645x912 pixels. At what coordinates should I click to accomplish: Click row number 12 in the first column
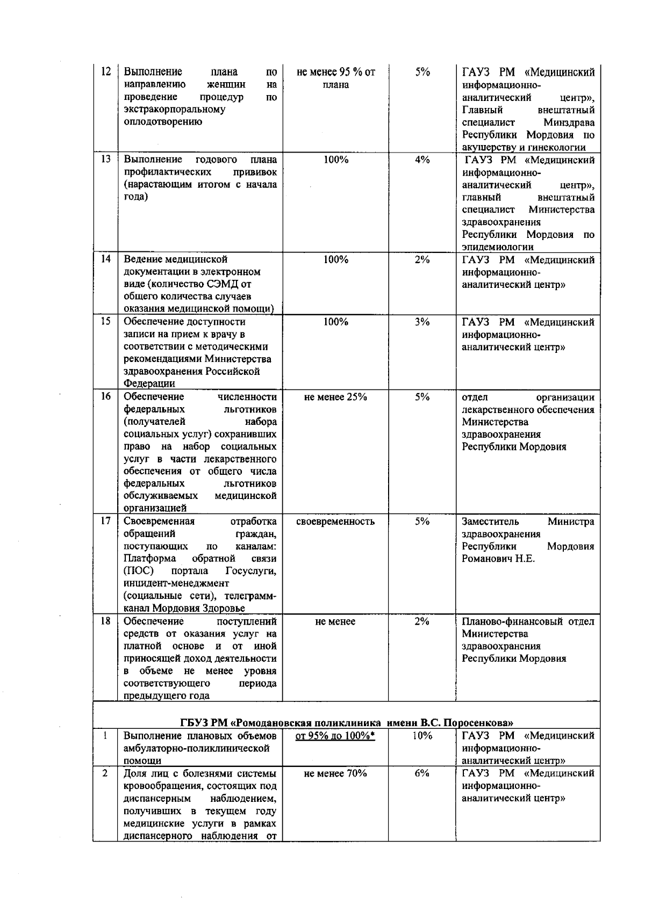tap(106, 72)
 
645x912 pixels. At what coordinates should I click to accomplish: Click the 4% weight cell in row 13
tap(422, 160)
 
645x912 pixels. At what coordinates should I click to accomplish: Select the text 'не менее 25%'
tap(335, 397)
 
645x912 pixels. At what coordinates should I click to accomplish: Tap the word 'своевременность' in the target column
tap(335, 522)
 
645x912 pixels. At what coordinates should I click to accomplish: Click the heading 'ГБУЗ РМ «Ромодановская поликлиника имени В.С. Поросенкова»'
tap(347, 722)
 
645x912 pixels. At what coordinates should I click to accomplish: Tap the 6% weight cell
tap(422, 773)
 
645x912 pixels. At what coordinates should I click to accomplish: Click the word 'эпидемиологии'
tap(498, 247)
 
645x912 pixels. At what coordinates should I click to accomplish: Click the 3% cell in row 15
tap(422, 322)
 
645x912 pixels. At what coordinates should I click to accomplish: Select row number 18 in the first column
tap(106, 621)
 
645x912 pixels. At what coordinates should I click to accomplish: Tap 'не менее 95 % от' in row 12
tap(335, 72)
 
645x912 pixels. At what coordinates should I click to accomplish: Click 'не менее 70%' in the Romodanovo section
tap(335, 773)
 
